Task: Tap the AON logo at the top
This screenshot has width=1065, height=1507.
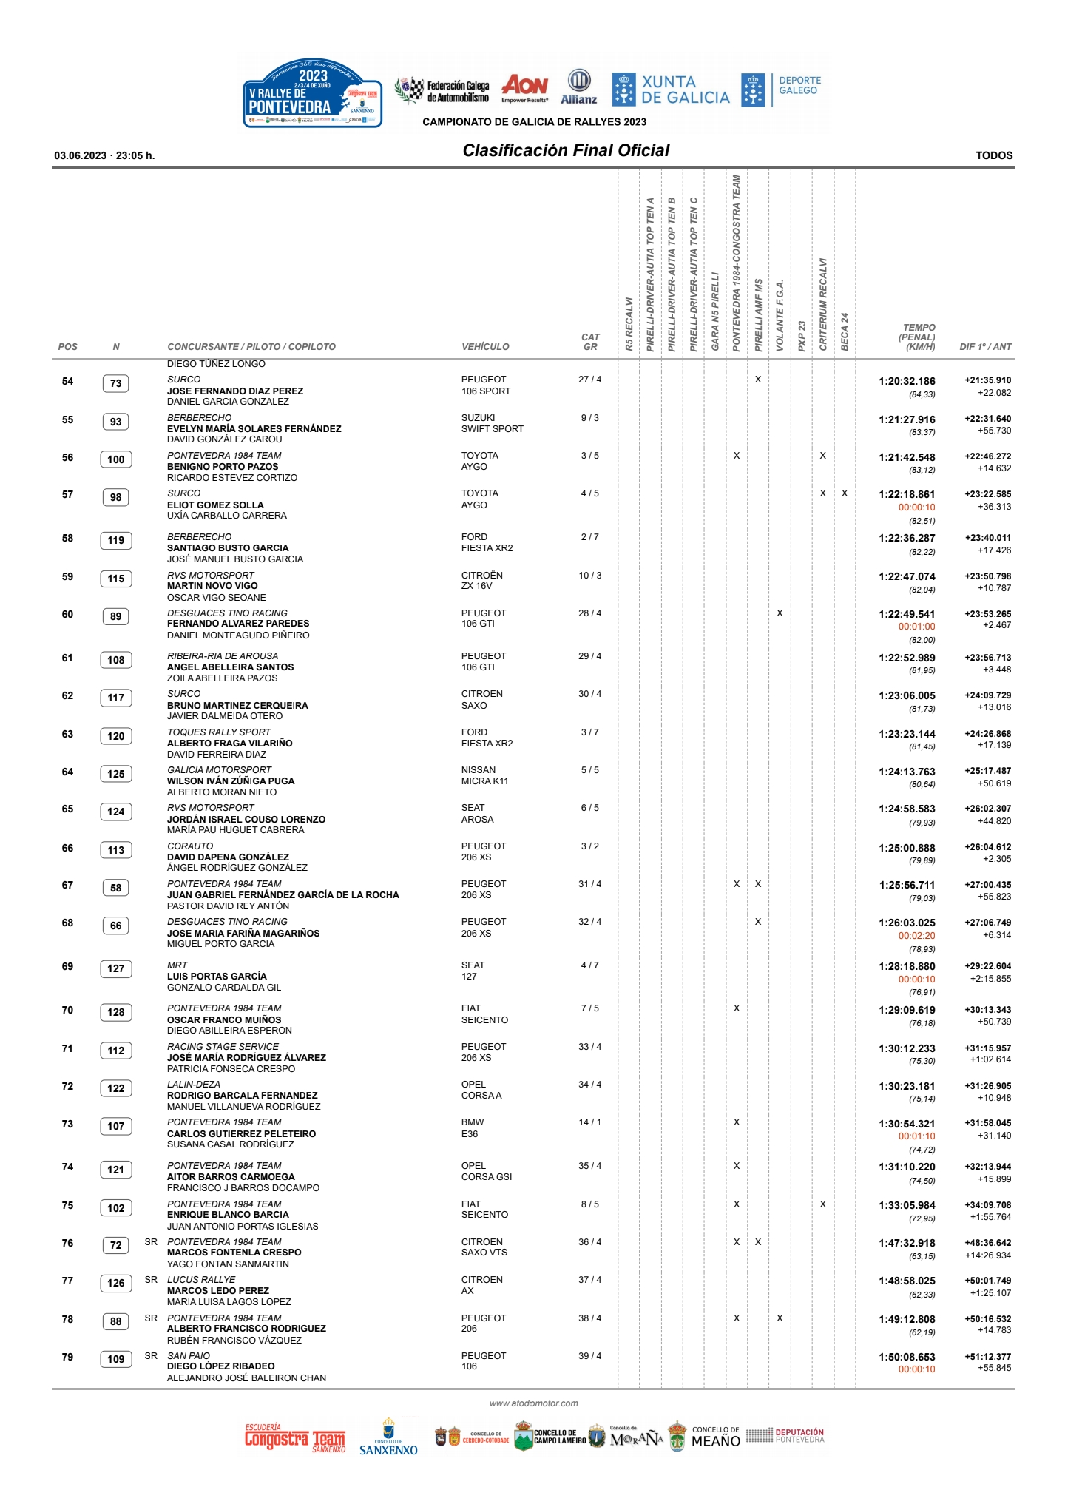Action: pos(524,88)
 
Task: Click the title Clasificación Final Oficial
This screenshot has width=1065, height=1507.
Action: pos(566,150)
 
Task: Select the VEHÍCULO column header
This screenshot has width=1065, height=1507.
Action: pos(485,347)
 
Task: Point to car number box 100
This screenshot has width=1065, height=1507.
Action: pos(116,459)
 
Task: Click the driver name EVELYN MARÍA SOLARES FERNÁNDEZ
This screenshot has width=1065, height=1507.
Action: pos(254,429)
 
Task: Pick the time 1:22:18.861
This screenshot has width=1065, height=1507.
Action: pos(907,494)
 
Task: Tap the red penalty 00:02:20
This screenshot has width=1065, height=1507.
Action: pos(916,936)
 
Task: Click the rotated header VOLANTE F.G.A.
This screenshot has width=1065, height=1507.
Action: pos(780,314)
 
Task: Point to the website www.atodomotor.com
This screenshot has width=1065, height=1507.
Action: pos(533,1403)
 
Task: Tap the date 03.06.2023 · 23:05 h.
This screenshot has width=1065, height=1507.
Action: pos(104,155)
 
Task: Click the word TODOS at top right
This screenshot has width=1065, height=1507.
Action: pos(994,155)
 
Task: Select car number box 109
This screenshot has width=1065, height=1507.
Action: pos(116,1359)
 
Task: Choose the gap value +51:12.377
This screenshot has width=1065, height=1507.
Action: pos(987,1357)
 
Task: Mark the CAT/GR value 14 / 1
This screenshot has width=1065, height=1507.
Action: pos(589,1122)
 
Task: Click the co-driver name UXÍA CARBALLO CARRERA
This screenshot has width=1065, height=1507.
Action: pos(226,516)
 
